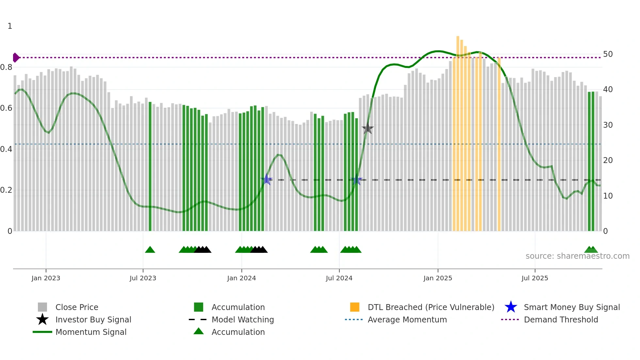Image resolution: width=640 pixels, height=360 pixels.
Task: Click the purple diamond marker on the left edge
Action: click(16, 57)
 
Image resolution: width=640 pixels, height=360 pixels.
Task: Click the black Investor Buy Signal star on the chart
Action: click(368, 129)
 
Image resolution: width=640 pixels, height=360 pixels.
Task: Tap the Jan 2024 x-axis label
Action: click(241, 278)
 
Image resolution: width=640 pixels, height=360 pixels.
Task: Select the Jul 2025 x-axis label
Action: click(535, 278)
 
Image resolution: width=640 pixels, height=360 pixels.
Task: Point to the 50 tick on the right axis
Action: click(608, 54)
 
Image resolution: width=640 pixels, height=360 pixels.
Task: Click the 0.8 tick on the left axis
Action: click(7, 67)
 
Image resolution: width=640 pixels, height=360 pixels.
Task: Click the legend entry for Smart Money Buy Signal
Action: click(571, 307)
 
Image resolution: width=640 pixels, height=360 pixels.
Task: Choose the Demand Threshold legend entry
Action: click(561, 319)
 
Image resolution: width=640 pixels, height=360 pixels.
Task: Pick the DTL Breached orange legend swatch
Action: click(354, 307)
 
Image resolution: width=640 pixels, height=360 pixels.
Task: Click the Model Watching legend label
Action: click(242, 319)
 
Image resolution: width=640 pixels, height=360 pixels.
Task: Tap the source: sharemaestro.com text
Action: click(577, 256)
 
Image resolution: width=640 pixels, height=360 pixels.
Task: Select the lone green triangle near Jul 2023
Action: click(150, 250)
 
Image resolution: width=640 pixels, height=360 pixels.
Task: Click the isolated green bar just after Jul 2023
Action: click(150, 167)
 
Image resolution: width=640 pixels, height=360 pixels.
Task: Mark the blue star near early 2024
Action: click(267, 179)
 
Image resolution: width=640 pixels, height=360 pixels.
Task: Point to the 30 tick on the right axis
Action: click(608, 125)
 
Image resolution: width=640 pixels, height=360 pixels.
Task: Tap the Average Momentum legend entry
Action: click(407, 319)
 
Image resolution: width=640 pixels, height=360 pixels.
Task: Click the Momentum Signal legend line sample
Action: click(42, 332)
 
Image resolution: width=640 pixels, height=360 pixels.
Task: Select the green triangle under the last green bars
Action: click(591, 250)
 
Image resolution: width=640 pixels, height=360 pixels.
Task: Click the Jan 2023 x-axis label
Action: click(46, 278)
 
